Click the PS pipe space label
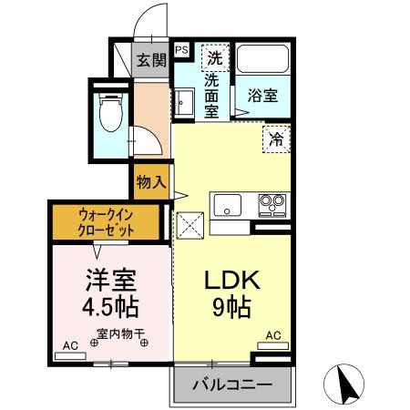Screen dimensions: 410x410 [182, 50]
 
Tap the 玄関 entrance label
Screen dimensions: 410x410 [151, 60]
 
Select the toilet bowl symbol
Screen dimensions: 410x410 [111, 113]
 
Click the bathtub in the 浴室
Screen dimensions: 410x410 [262, 59]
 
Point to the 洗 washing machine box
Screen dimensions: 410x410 [215, 57]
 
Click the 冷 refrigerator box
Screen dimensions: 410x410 [276, 139]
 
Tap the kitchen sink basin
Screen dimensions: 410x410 [228, 205]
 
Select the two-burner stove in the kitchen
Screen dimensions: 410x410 [272, 205]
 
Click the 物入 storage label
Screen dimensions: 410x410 [151, 182]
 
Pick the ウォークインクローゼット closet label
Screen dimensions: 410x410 [106, 223]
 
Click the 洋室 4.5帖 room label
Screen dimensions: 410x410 [110, 293]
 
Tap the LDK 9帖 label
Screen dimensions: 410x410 [232, 293]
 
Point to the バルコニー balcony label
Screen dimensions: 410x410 [232, 385]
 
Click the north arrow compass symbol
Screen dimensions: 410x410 [343, 384]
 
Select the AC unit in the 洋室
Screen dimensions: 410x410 [70, 356]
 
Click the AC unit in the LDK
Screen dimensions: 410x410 [272, 345]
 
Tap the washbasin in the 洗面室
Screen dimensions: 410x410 [183, 101]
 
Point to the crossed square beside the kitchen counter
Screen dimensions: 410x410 [190, 225]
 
